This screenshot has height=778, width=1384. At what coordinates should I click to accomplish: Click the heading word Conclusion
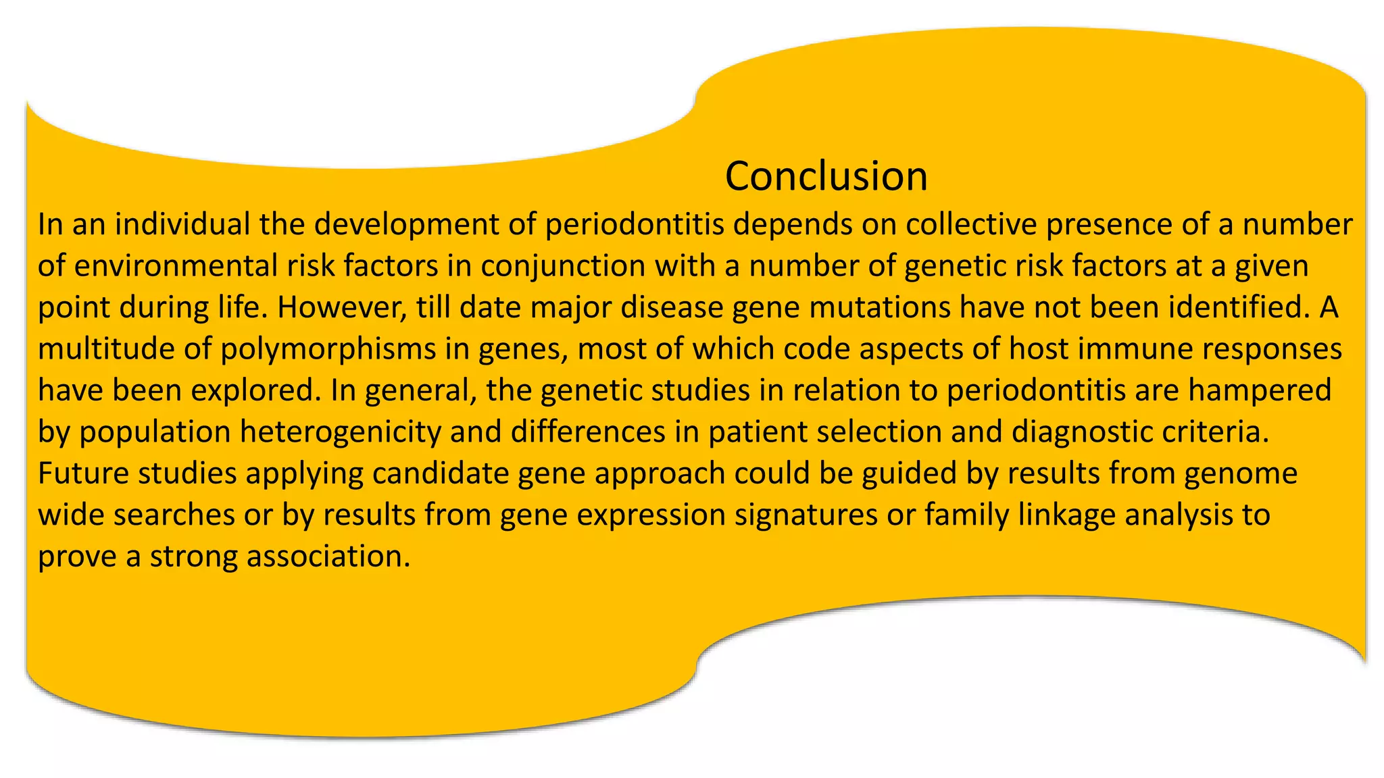coord(826,176)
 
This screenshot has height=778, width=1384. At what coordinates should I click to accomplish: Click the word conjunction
coord(563,265)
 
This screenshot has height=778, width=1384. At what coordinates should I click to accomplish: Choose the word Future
coord(83,473)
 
